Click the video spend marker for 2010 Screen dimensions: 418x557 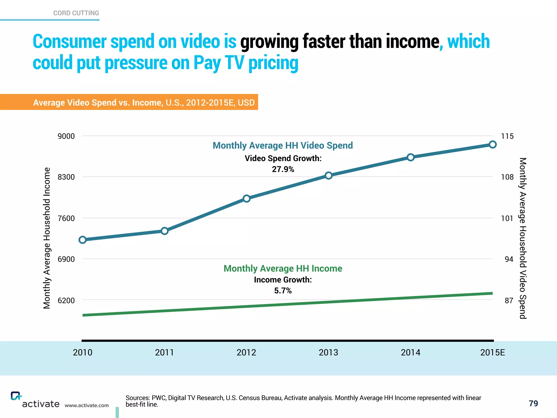click(83, 240)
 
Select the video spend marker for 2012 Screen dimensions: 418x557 click(247, 198)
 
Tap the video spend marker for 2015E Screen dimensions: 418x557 click(493, 145)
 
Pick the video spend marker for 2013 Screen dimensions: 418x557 click(329, 176)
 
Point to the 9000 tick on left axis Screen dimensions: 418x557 click(66, 136)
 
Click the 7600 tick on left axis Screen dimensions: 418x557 click(66, 218)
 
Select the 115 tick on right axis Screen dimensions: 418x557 click(507, 136)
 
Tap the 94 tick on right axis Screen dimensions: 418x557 click(509, 259)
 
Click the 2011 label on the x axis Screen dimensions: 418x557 click(164, 352)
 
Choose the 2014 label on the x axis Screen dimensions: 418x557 click(410, 352)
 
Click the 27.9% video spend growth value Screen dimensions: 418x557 click(283, 169)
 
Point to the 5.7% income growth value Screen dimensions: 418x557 click(283, 291)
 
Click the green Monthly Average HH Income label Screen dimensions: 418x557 click(283, 268)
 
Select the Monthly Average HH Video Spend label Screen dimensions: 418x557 click(283, 145)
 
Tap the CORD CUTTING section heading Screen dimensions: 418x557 click(76, 13)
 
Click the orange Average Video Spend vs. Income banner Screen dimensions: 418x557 click(144, 102)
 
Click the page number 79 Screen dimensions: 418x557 click(533, 403)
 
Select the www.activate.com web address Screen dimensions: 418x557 click(86, 405)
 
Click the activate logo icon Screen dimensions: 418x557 click(16, 396)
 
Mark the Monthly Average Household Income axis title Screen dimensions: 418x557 click(47, 238)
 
